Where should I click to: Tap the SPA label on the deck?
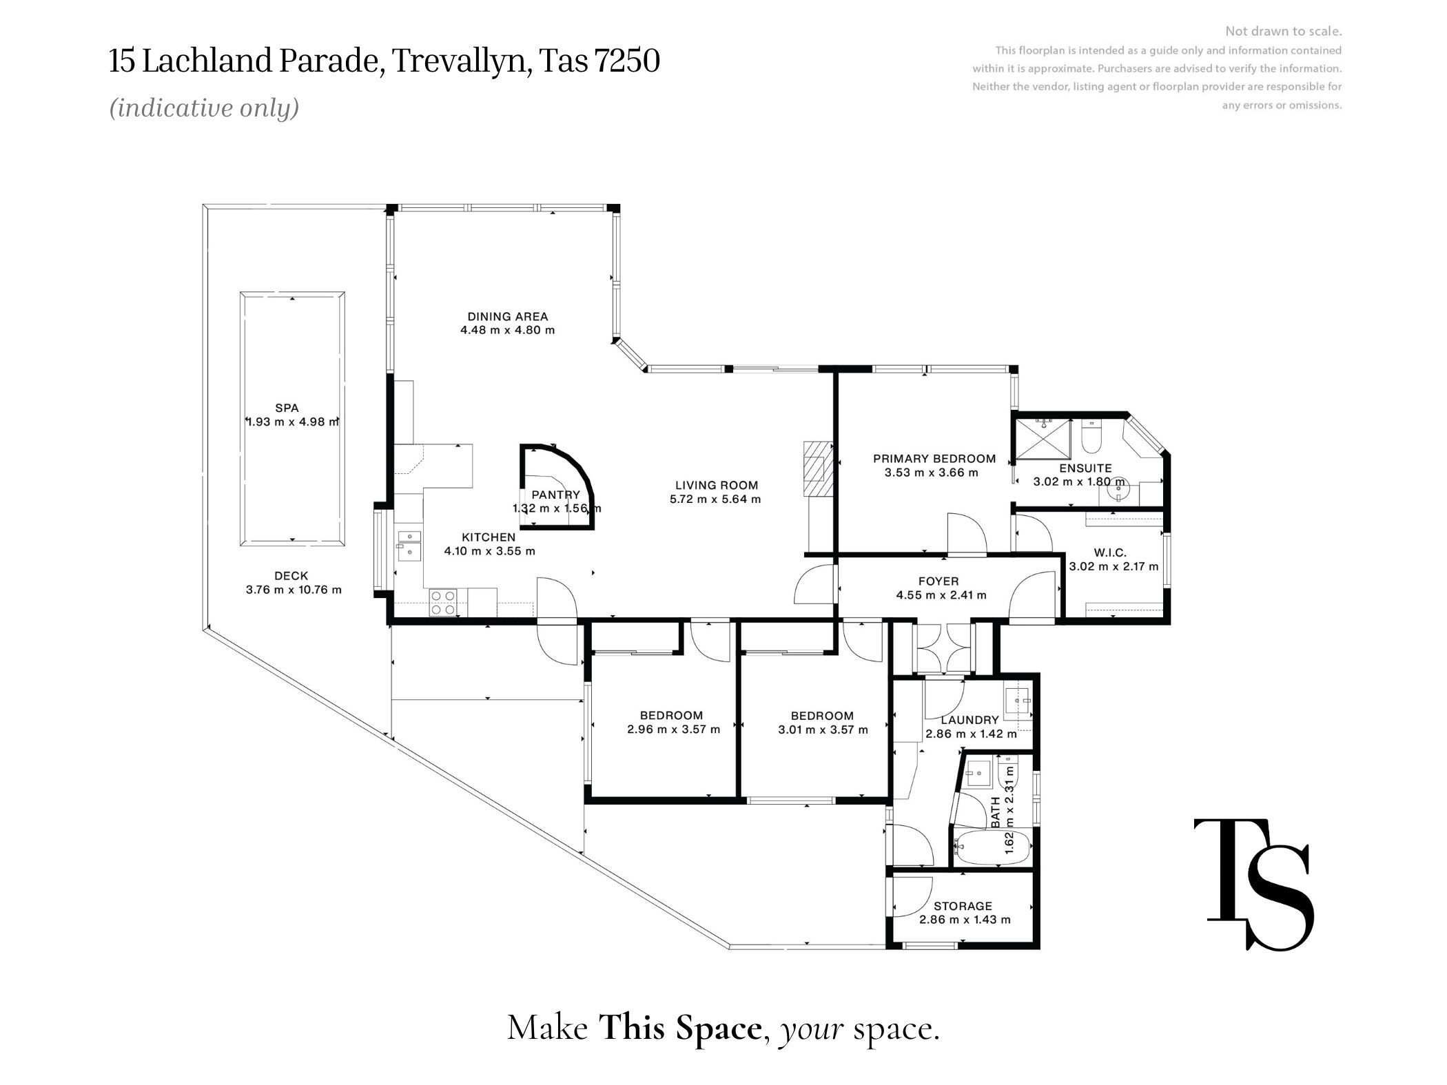[287, 408]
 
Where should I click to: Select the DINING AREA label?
[507, 317]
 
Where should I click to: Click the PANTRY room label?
[555, 495]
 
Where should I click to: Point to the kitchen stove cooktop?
[442, 603]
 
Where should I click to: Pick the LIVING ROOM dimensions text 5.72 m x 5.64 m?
[715, 499]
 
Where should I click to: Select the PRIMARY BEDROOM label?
[934, 459]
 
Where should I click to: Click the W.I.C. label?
[1109, 552]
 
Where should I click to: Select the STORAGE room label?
[963, 906]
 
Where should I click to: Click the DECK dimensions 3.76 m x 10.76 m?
[294, 590]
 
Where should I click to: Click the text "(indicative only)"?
[205, 108]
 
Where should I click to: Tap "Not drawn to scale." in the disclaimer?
[1283, 31]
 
